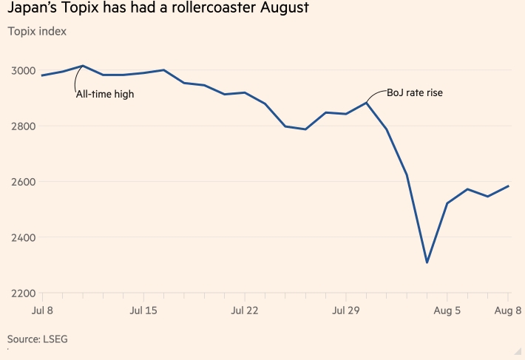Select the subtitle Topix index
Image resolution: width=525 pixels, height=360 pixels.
[36, 32]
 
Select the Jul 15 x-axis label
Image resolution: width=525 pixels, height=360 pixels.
[143, 310]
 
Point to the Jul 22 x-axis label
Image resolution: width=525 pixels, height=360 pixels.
[245, 310]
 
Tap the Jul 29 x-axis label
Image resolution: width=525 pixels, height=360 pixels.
[346, 310]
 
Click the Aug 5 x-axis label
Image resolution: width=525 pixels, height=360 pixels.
[447, 310]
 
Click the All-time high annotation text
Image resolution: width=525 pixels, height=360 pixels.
[104, 94]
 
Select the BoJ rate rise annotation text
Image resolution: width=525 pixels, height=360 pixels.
[414, 93]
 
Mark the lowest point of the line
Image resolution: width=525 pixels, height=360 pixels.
[427, 262]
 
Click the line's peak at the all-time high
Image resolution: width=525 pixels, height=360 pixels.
[82, 66]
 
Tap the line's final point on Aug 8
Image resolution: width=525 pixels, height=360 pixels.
[508, 186]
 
